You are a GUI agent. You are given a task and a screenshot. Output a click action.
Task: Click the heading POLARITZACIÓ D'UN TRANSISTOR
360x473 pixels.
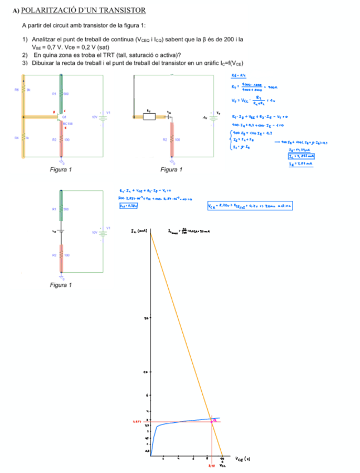click(x=83, y=11)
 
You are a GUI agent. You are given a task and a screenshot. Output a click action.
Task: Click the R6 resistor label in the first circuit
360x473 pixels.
click(x=17, y=89)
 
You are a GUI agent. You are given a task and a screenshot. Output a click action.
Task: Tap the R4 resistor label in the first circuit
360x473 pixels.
click(x=17, y=137)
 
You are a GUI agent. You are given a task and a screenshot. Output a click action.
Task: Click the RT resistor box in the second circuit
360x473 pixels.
click(x=148, y=117)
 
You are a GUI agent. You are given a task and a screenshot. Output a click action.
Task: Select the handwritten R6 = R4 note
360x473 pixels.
click(x=239, y=75)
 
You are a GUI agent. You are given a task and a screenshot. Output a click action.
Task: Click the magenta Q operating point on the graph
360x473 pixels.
click(x=213, y=420)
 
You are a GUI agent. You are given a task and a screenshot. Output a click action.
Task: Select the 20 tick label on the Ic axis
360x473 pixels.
click(x=146, y=317)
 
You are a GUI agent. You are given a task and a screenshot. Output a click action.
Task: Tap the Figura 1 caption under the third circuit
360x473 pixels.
click(x=61, y=286)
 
